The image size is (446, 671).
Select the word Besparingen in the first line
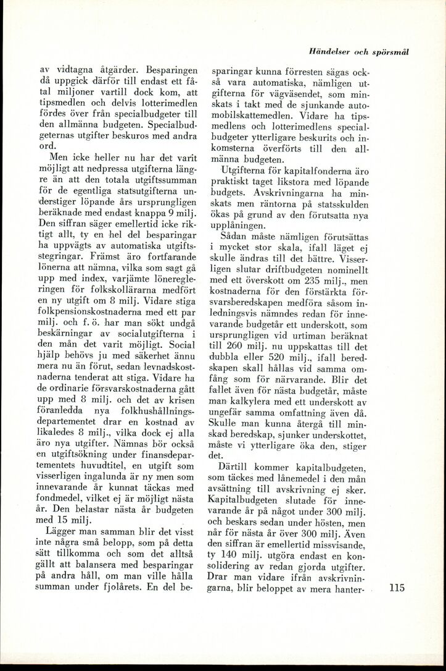165,70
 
